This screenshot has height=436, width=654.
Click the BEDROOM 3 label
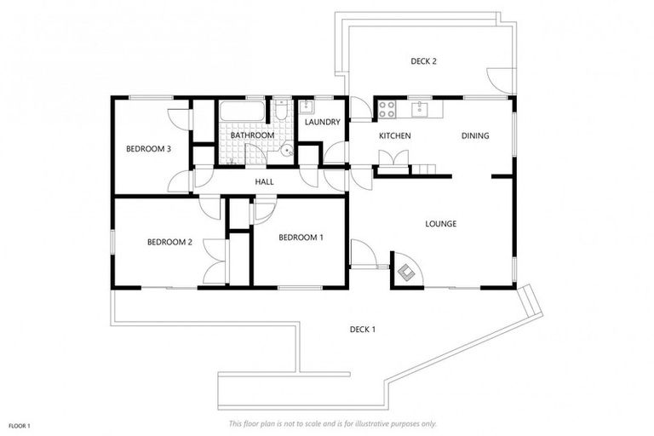(149, 149)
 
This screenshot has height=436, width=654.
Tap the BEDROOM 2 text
(169, 242)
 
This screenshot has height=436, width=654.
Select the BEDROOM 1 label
(301, 237)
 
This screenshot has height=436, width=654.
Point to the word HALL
(264, 181)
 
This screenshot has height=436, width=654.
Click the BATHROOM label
(253, 135)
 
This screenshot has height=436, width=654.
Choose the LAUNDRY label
(323, 122)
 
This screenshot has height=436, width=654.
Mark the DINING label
(475, 136)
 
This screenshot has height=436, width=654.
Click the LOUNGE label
(441, 224)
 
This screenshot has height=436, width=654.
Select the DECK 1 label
(363, 330)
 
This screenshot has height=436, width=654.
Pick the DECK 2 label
(423, 61)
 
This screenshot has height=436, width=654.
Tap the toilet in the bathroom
(281, 113)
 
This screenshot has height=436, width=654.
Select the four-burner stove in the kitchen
(387, 109)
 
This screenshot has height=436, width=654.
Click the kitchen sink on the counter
(420, 109)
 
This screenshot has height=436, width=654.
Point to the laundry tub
(305, 107)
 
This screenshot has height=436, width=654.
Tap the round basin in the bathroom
(288, 152)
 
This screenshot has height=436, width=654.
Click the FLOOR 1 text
(20, 424)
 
